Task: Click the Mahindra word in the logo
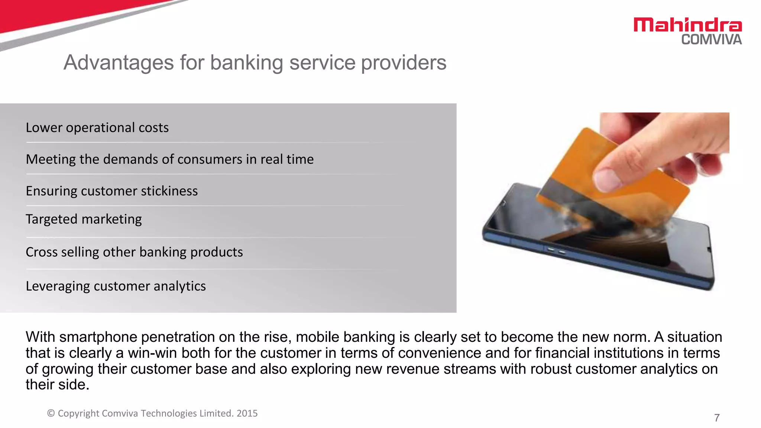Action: (687, 25)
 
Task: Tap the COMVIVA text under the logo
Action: (711, 39)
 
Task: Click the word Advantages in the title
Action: (119, 62)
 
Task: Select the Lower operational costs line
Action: (97, 127)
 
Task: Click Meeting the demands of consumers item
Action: (169, 159)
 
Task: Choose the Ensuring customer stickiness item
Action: (111, 191)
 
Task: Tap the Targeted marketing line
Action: (84, 219)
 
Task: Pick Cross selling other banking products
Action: (134, 252)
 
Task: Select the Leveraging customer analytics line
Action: (116, 286)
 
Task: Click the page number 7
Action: (717, 418)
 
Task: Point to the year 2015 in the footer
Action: (247, 414)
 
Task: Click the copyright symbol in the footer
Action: (51, 414)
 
